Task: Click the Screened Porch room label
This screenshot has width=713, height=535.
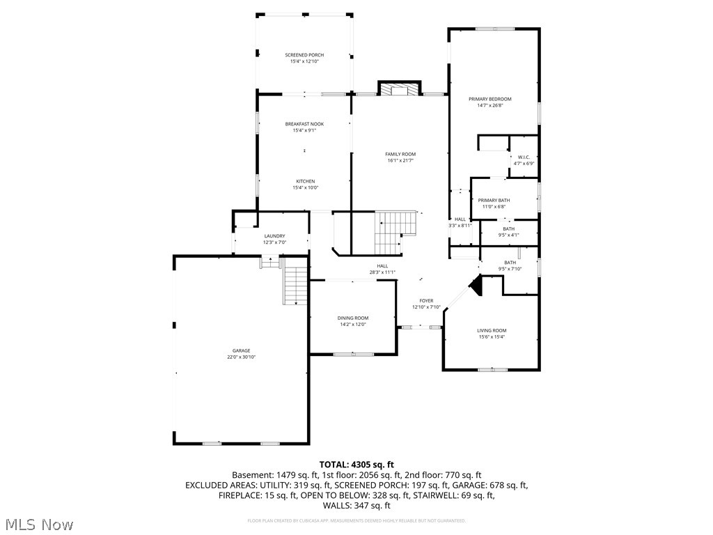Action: point(304,55)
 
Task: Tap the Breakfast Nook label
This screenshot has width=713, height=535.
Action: point(304,124)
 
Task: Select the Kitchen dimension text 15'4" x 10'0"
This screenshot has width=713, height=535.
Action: point(304,187)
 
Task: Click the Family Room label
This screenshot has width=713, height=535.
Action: point(400,154)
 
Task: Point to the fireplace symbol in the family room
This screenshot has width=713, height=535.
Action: point(400,89)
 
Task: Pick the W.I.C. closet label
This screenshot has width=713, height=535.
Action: point(524,157)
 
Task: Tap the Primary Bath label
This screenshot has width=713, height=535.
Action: point(494,201)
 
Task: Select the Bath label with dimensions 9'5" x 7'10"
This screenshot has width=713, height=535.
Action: point(510,263)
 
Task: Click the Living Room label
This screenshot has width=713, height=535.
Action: point(492,331)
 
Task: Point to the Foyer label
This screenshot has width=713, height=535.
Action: point(426,301)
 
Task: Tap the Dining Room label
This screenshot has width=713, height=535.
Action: point(352,318)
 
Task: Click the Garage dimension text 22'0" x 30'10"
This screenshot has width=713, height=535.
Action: point(242,357)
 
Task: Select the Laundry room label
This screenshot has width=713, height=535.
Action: point(274,236)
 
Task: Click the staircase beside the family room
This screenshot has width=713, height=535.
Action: point(395,233)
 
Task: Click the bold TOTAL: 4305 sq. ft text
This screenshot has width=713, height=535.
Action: point(356,464)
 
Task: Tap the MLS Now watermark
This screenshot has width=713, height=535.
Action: point(38,524)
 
